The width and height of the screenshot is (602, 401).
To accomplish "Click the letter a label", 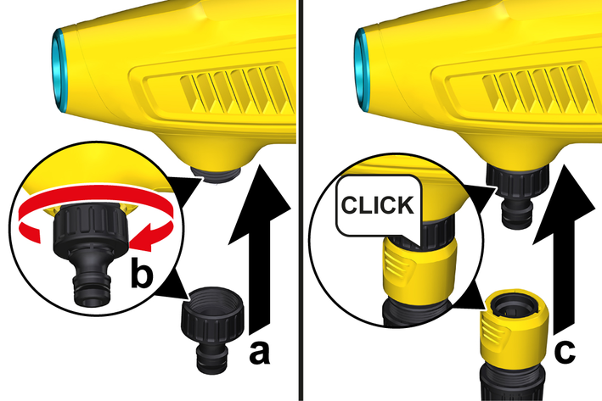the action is (260, 354).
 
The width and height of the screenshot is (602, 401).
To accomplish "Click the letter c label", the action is (565, 351).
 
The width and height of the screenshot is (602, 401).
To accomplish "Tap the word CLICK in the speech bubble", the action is (378, 205).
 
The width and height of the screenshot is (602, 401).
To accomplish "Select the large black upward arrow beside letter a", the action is (260, 249).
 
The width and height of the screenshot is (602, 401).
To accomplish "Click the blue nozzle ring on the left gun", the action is (59, 70).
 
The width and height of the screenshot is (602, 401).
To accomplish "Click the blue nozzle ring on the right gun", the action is (361, 70).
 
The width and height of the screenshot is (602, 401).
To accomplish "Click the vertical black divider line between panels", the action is (301, 200).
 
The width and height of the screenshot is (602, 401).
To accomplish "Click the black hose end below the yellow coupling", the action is (514, 382).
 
